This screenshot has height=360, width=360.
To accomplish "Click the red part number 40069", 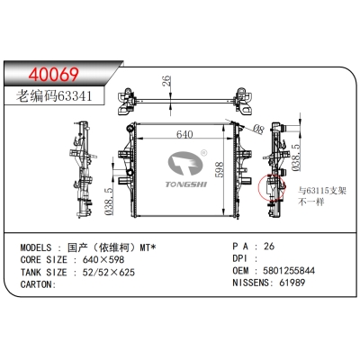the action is click(54, 75).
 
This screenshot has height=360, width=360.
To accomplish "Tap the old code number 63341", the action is click(75, 96).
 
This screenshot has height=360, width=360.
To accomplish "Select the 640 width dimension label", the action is click(184, 134).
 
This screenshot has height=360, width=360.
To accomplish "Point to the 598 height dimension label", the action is click(220, 169).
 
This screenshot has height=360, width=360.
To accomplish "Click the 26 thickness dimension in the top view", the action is click(166, 81).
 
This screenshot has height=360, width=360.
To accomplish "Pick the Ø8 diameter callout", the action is click(258, 129).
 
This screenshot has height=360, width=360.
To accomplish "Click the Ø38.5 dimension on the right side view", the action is click(296, 157).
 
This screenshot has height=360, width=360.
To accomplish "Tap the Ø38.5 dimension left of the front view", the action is click(109, 202).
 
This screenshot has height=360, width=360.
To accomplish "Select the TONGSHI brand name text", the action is click(186, 184).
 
